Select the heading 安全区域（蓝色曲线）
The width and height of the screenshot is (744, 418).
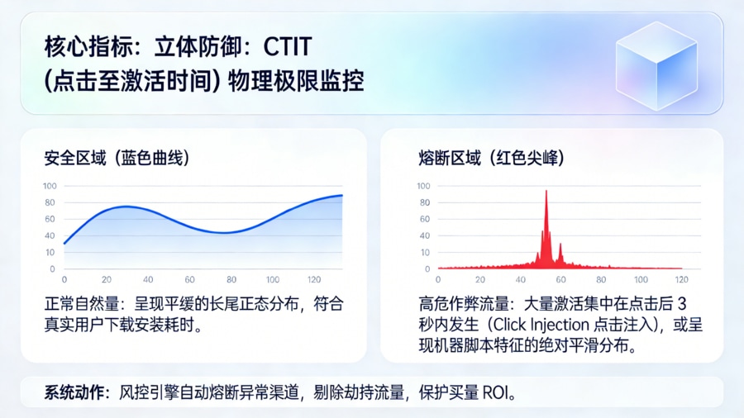(122, 156)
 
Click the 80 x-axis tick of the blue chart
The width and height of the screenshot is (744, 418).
(231, 280)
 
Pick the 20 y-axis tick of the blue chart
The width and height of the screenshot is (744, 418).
(50, 252)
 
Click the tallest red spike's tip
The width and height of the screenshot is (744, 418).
(546, 192)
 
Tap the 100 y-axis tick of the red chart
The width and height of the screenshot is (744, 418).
(424, 186)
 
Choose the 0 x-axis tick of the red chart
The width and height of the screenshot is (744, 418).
(438, 280)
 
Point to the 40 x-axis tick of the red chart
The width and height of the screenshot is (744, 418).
(520, 280)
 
